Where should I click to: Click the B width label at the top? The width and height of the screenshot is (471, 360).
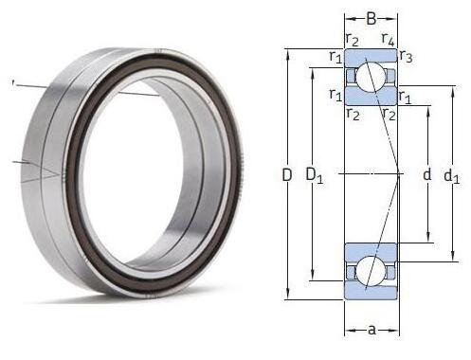(x=371, y=19)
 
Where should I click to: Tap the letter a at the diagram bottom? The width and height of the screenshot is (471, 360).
(x=371, y=330)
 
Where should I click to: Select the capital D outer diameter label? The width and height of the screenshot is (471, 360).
(x=287, y=175)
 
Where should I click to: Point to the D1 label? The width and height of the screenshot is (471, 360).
(x=314, y=175)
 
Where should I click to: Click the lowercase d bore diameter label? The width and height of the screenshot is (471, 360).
(x=426, y=174)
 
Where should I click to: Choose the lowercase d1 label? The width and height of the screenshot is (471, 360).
(x=452, y=176)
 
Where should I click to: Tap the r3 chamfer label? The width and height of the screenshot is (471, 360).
(x=406, y=57)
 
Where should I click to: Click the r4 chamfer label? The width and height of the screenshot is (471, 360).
(x=388, y=40)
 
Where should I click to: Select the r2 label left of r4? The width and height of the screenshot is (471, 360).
(x=353, y=40)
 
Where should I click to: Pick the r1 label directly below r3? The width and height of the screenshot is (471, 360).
(x=405, y=97)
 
